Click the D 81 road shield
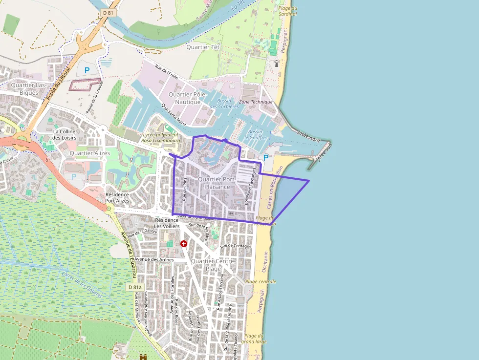click(109, 12)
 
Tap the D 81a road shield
click(135, 287)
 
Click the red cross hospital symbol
click(184, 243)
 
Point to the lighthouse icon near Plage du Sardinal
click(276, 63)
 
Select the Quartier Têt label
click(203, 47)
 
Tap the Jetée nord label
click(308, 136)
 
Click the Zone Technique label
click(256, 102)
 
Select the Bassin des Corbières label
click(224, 104)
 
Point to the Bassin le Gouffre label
click(257, 135)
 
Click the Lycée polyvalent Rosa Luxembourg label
click(161, 137)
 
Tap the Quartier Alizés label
click(90, 153)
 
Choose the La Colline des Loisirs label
click(65, 134)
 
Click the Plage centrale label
click(261, 282)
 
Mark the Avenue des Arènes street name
click(154, 259)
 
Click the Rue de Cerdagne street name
click(236, 246)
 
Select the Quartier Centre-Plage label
click(213, 265)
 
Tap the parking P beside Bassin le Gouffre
click(266, 158)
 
